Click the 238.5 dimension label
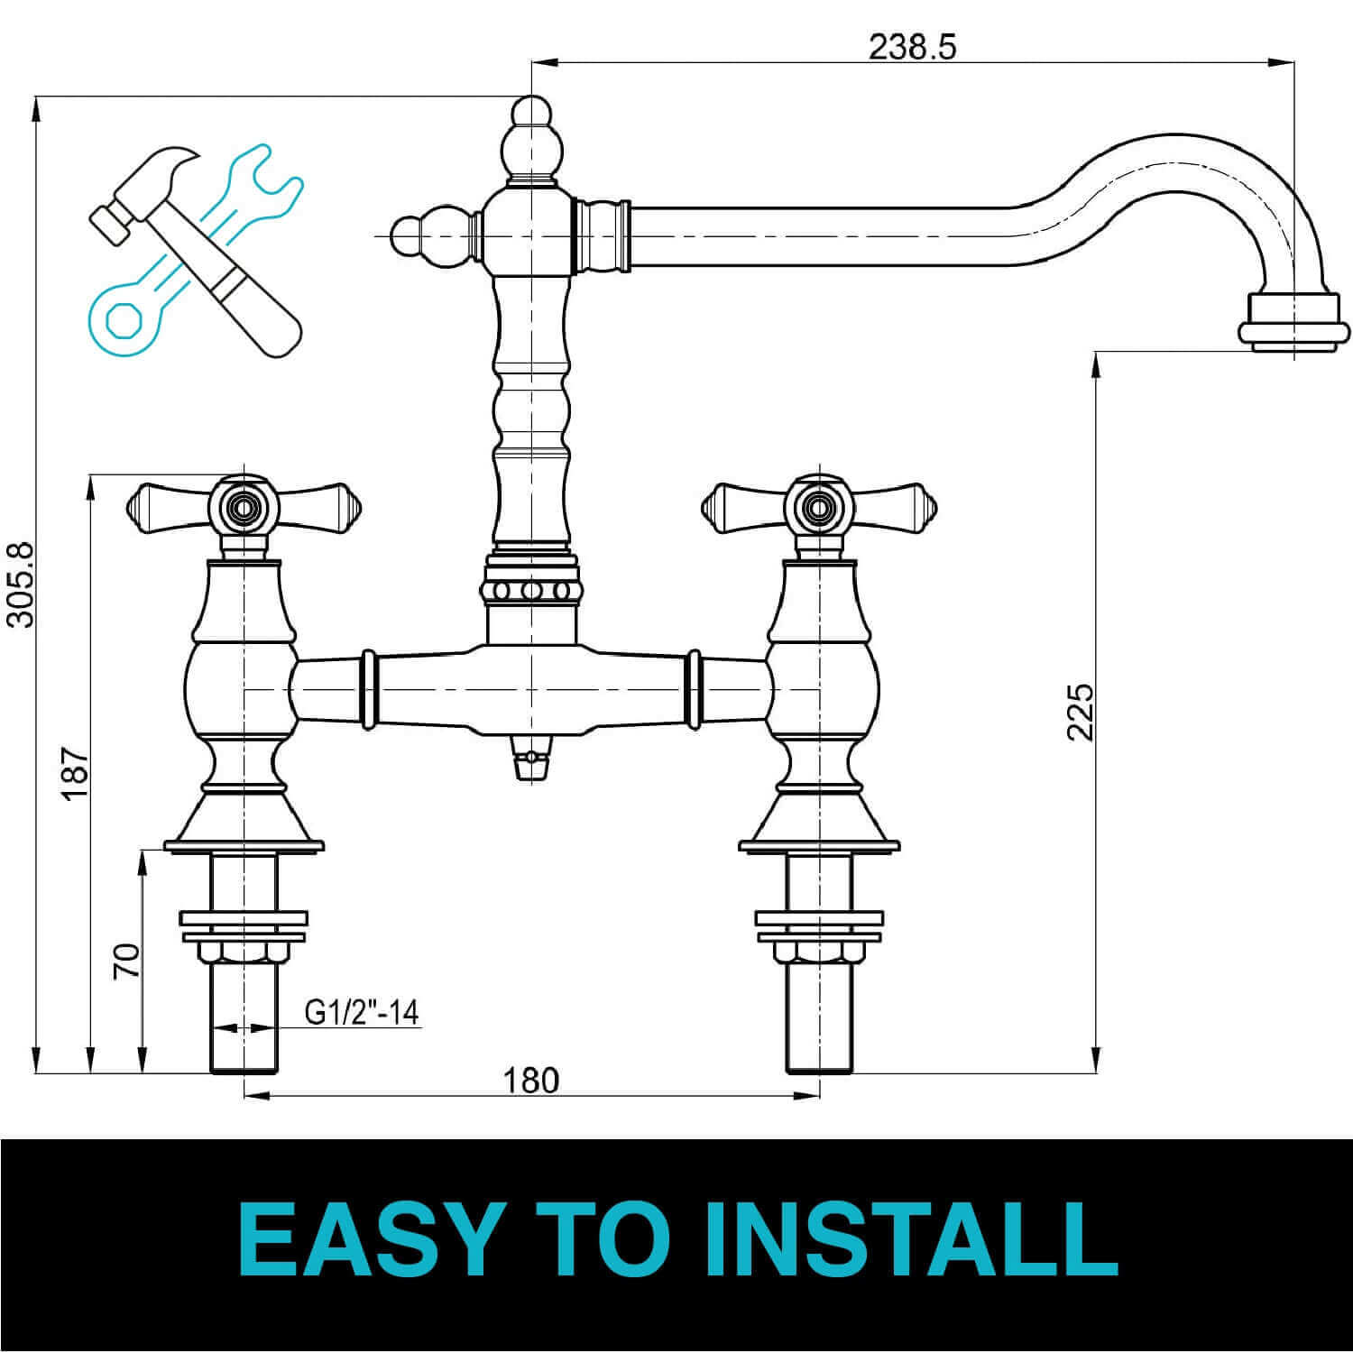[911, 47]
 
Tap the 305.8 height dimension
[19, 583]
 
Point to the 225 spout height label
[1080, 712]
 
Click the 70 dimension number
[127, 962]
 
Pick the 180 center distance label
[530, 1080]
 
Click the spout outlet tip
[1294, 323]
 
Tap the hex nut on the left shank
[244, 953]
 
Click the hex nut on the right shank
[819, 953]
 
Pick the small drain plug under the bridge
[531, 758]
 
